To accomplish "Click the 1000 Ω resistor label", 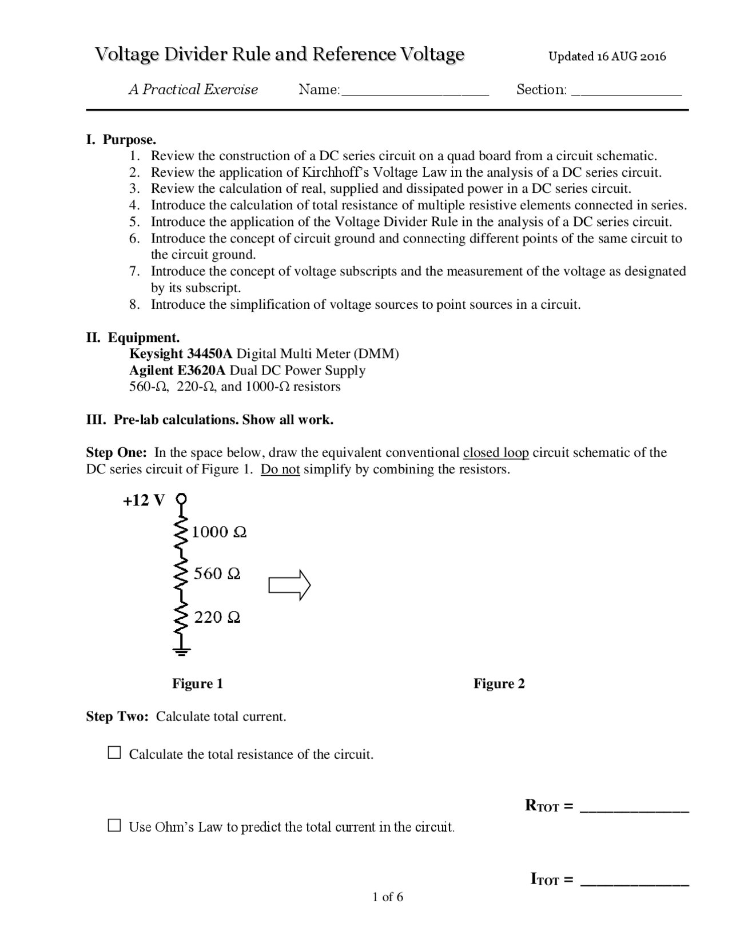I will click(218, 532).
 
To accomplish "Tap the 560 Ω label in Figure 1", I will click(216, 574).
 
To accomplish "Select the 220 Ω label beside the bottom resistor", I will click(217, 617).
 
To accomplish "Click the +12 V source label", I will click(144, 501).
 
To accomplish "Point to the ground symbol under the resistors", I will click(181, 650).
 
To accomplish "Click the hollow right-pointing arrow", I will click(289, 586).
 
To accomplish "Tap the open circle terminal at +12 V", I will click(181, 499).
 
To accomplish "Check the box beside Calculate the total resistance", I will click(115, 753).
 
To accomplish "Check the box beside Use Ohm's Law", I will click(115, 825).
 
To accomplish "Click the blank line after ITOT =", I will click(634, 883).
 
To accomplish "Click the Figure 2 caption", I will click(499, 684).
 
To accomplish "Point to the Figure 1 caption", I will click(197, 684).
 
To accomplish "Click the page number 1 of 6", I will click(388, 897).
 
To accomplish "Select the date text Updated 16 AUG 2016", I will click(607, 56).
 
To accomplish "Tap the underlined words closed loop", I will click(495, 453).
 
